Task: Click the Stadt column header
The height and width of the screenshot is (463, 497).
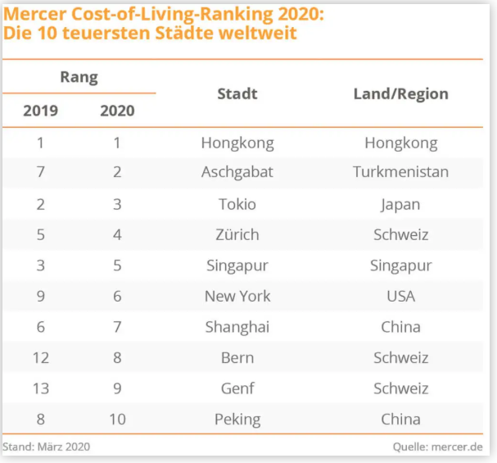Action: [237, 93]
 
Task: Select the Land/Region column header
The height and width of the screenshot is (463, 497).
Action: [400, 93]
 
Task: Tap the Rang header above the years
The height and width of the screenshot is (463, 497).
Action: [79, 78]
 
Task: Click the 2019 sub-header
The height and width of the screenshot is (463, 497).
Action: [40, 111]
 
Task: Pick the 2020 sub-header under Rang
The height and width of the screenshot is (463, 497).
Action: [117, 111]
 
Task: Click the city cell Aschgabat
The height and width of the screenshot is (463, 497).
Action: [237, 173]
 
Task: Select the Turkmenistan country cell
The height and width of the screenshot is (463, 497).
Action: [400, 173]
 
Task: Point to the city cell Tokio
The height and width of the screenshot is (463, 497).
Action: [237, 204]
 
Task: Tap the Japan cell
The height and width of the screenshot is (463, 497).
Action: [400, 204]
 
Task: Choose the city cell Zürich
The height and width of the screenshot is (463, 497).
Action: [237, 234]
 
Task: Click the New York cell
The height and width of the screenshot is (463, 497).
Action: [237, 296]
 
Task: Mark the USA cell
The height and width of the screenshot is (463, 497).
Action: [400, 296]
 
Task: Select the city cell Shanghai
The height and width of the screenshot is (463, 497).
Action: [237, 327]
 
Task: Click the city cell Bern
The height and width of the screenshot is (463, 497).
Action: [237, 358]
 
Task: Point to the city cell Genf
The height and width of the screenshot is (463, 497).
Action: [237, 388]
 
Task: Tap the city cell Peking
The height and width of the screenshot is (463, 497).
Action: [237, 420]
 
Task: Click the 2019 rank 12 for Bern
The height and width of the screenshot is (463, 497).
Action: [40, 358]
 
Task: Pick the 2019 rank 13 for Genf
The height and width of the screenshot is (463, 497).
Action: [40, 388]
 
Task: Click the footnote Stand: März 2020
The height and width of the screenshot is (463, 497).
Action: [47, 447]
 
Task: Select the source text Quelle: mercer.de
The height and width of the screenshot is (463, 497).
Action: [437, 447]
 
